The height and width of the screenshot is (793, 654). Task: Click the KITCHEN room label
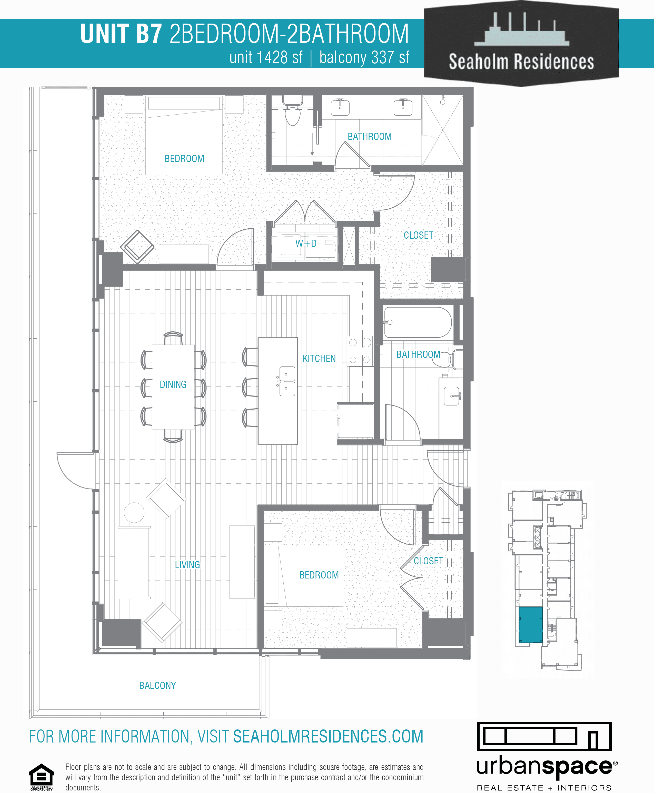319,359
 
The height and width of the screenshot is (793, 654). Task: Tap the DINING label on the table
173,384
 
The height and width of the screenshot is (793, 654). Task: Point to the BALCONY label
157,685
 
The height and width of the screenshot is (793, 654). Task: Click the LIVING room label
187,565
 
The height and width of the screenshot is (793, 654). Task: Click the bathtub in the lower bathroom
418,322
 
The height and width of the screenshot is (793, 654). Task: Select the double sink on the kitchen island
287,381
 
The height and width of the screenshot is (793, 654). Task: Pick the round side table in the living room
134,512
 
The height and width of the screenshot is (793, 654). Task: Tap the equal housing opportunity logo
42,776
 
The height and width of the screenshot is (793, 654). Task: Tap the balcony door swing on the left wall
75,471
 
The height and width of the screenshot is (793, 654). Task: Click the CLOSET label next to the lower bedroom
428,561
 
